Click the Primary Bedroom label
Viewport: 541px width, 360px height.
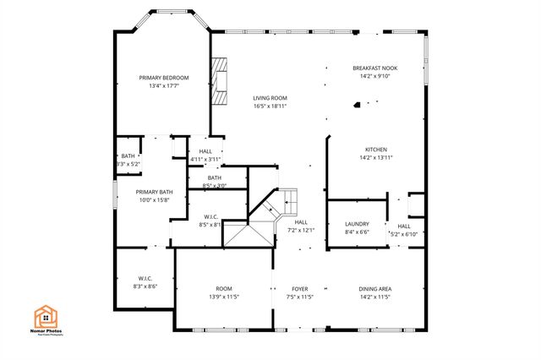coord(164,78)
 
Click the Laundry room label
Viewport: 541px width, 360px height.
coord(357,224)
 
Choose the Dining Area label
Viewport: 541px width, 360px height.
coord(374,289)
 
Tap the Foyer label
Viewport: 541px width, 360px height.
coord(300,289)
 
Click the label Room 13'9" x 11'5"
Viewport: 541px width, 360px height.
coord(223,289)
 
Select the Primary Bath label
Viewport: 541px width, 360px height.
coord(154,192)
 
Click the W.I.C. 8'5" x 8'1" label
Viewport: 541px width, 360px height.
coord(210,217)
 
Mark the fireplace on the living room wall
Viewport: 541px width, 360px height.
coord(220,82)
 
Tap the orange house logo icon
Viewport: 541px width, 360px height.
coord(46,317)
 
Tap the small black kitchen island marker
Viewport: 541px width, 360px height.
coord(357,106)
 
